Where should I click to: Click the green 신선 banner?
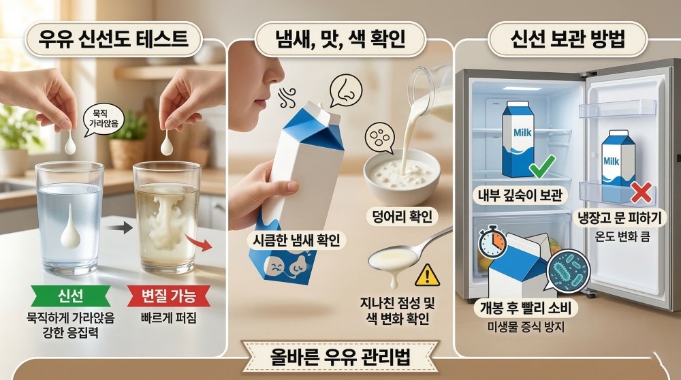click(70, 296)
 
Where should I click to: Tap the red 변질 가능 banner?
click(169, 296)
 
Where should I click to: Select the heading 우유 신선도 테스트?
click(114, 39)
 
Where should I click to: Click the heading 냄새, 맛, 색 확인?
click(340, 39)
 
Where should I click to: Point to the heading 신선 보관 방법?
click(568, 39)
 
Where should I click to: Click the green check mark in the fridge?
click(542, 166)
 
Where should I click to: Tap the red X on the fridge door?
click(641, 193)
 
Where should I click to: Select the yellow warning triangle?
click(428, 275)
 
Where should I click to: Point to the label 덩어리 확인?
click(402, 217)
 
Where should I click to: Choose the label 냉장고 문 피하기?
click(622, 217)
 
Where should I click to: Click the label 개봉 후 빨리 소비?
click(525, 308)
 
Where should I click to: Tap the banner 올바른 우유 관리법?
click(340, 357)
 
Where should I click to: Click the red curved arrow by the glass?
click(199, 242)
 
